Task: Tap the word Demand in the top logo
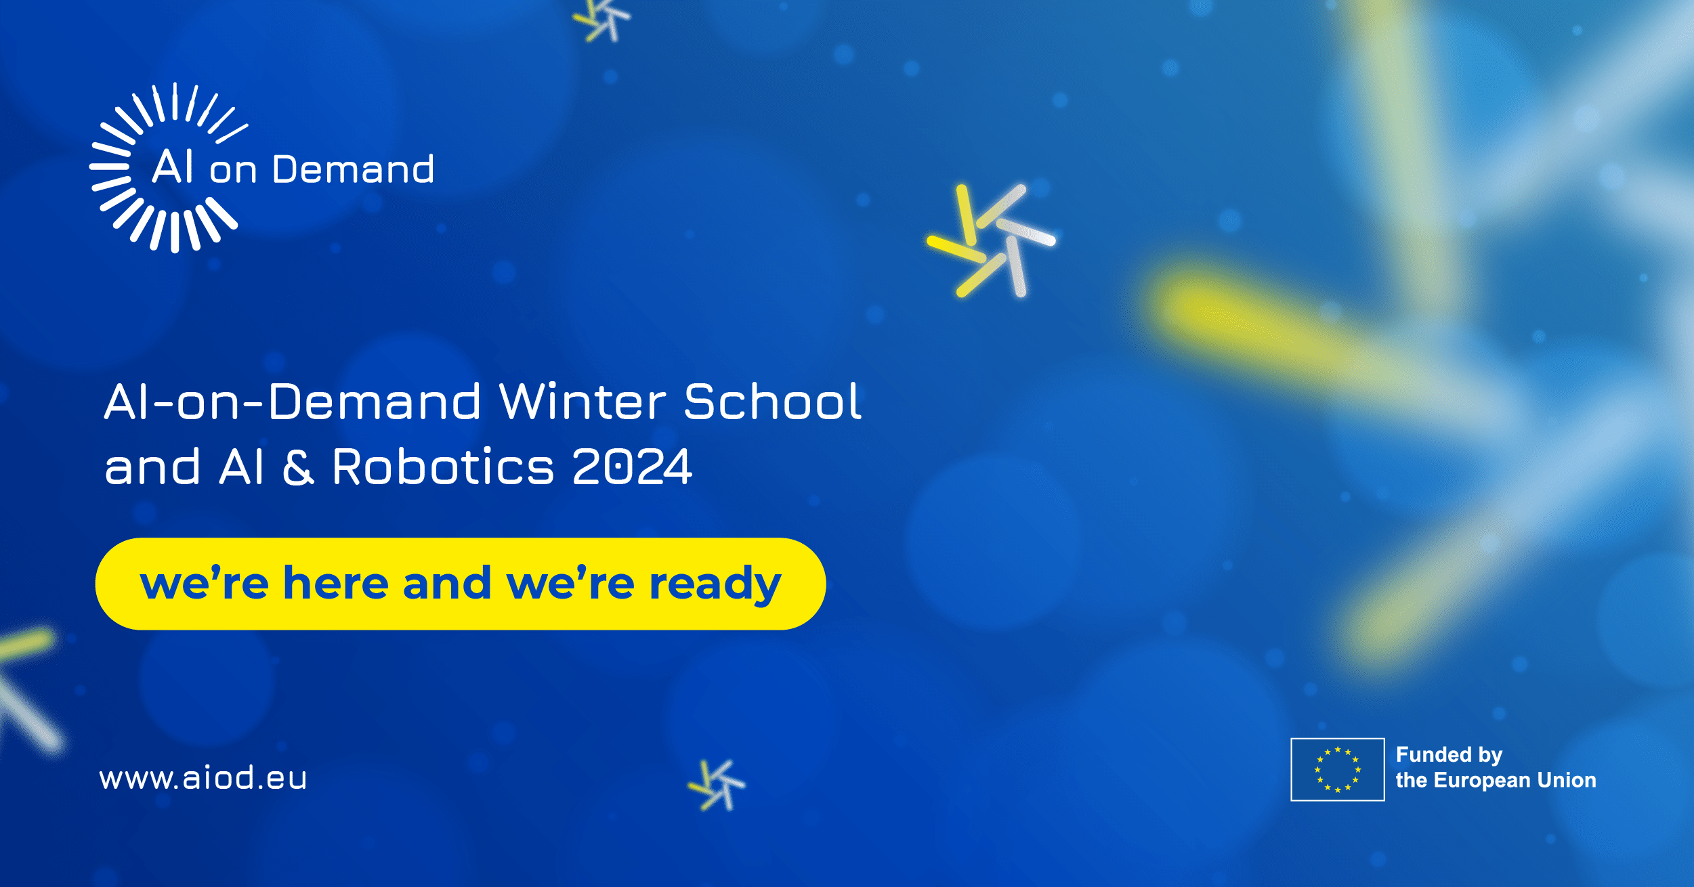pyautogui.click(x=353, y=169)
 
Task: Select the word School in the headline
pyautogui.click(x=772, y=402)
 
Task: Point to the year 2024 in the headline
pyautogui.click(x=632, y=467)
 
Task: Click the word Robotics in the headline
pyautogui.click(x=444, y=467)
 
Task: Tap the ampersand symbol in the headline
pyautogui.click(x=298, y=467)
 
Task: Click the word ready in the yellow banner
pyautogui.click(x=715, y=584)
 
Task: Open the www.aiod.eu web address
pyautogui.click(x=203, y=778)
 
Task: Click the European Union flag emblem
pyautogui.click(x=1338, y=769)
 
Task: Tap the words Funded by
pyautogui.click(x=1449, y=755)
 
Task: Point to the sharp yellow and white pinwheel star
pyautogui.click(x=991, y=240)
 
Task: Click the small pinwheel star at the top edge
pyautogui.click(x=601, y=19)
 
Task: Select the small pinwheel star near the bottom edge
pyautogui.click(x=717, y=785)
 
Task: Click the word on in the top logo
pyautogui.click(x=233, y=171)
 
